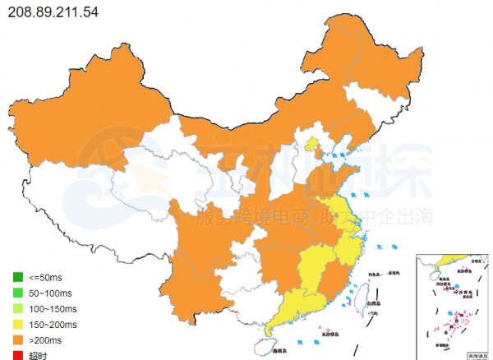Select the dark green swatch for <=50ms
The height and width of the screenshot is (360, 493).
(16, 277)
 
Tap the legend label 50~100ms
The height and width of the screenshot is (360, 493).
(52, 293)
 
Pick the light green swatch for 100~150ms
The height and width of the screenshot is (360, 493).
(16, 308)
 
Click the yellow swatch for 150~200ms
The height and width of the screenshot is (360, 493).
(16, 324)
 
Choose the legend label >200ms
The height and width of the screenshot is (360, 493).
(46, 339)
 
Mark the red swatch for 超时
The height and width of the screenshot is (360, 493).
(16, 355)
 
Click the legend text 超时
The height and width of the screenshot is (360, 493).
(37, 355)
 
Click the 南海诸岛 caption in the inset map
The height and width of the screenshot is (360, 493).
(474, 355)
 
